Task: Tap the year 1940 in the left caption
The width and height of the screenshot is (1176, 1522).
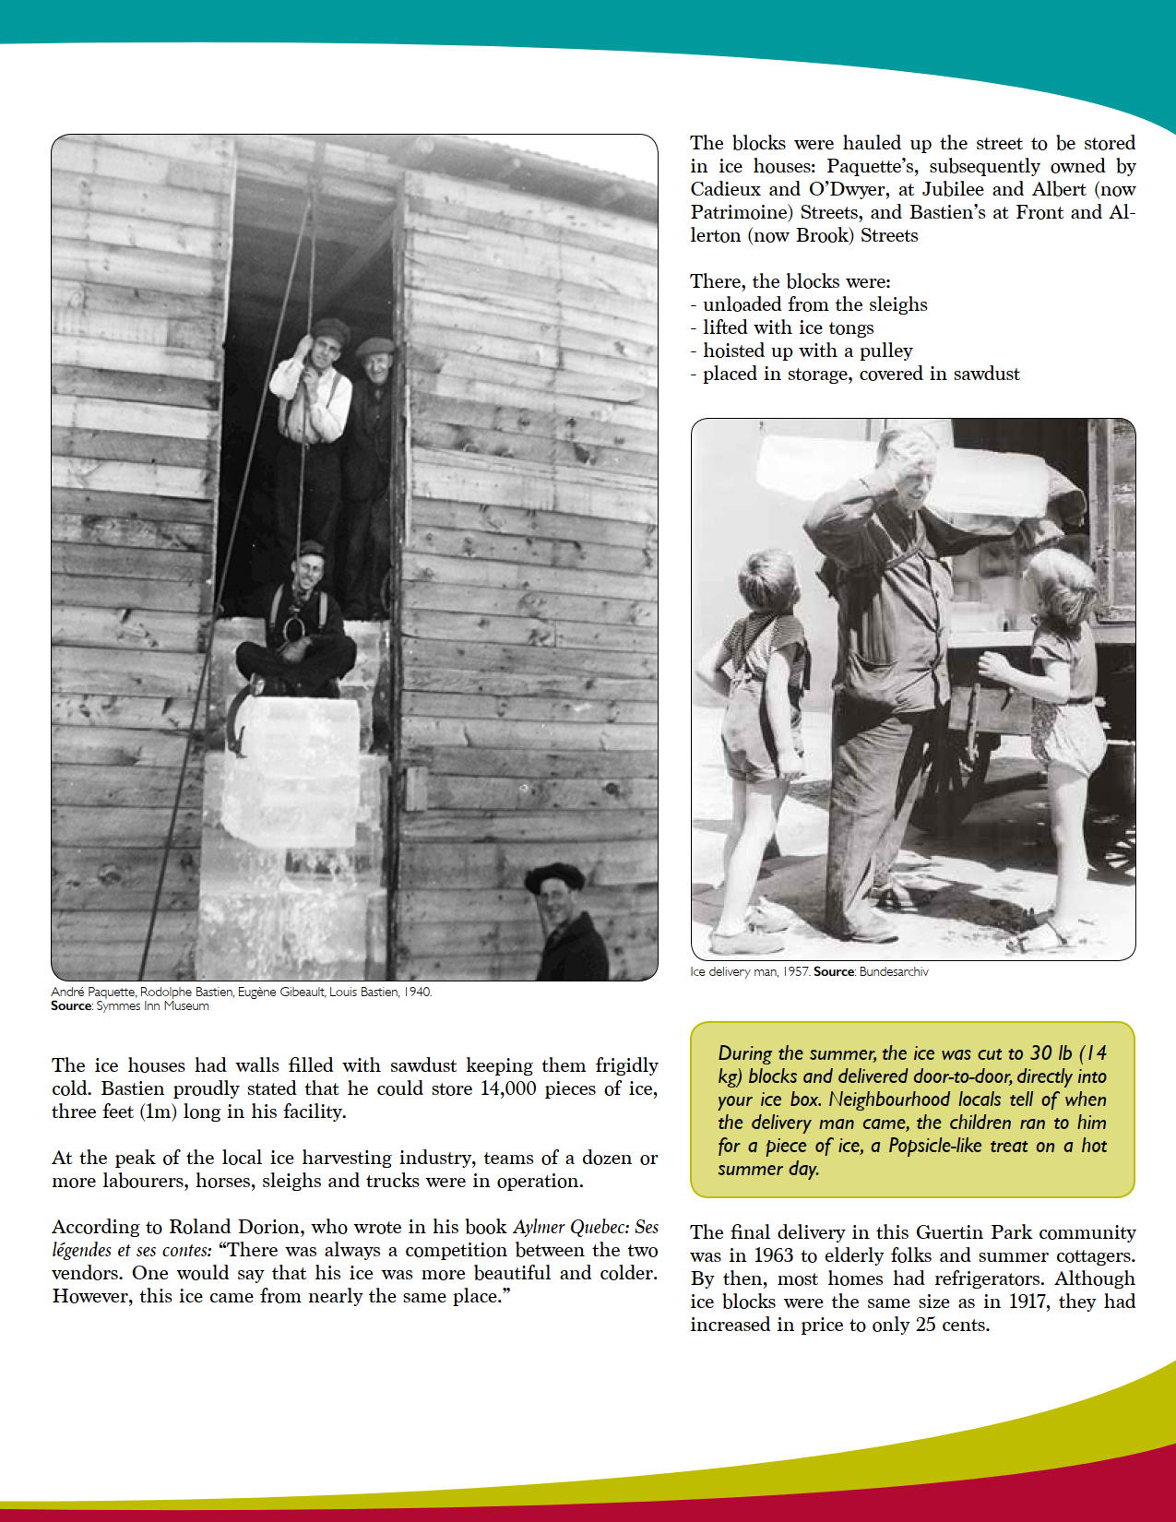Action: (418, 992)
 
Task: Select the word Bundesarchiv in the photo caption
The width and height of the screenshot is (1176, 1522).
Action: (893, 971)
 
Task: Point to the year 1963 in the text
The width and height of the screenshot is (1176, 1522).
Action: (774, 1255)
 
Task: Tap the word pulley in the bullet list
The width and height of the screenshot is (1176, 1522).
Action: (885, 351)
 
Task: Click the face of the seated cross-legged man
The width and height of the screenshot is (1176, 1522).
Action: (307, 573)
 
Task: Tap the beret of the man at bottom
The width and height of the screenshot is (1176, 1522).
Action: (553, 876)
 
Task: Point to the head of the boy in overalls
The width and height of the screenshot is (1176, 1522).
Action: (766, 581)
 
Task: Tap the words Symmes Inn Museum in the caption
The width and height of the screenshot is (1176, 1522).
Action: (152, 1005)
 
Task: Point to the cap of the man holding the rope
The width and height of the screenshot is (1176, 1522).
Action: (329, 330)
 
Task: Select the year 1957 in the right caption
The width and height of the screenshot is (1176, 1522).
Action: (796, 971)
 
